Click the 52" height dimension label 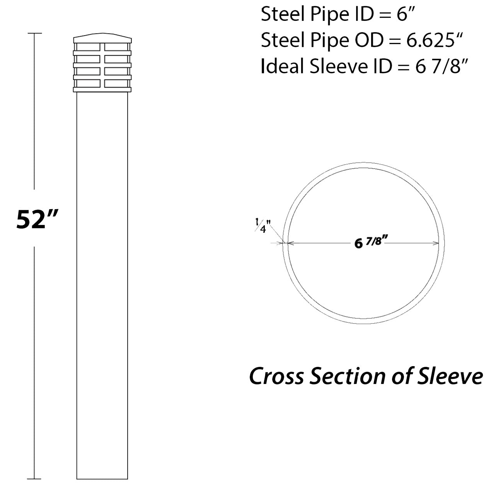point(37,219)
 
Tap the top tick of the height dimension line point(35,34)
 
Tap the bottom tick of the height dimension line point(35,479)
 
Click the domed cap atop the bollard point(102,38)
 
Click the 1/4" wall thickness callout point(263,225)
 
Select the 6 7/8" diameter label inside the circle point(371,242)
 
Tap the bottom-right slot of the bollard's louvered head point(116,83)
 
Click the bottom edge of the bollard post point(102,479)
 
